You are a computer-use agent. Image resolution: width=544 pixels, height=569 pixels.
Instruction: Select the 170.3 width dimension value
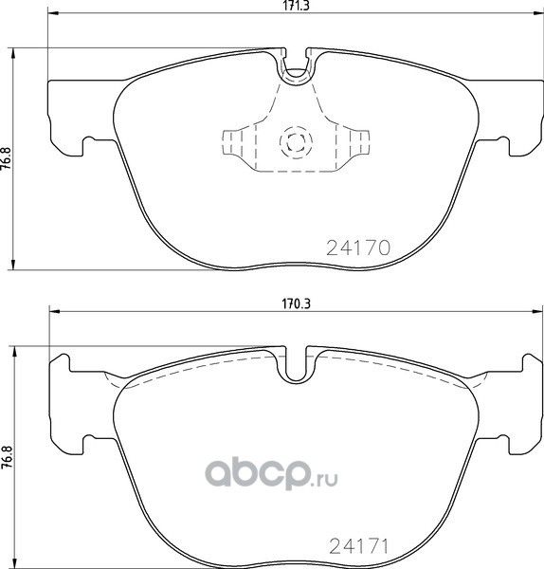click(x=298, y=304)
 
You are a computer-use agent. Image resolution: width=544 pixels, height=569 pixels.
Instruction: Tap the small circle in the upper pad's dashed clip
click(x=295, y=143)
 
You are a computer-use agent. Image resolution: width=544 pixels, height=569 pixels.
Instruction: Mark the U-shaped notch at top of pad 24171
click(x=298, y=364)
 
